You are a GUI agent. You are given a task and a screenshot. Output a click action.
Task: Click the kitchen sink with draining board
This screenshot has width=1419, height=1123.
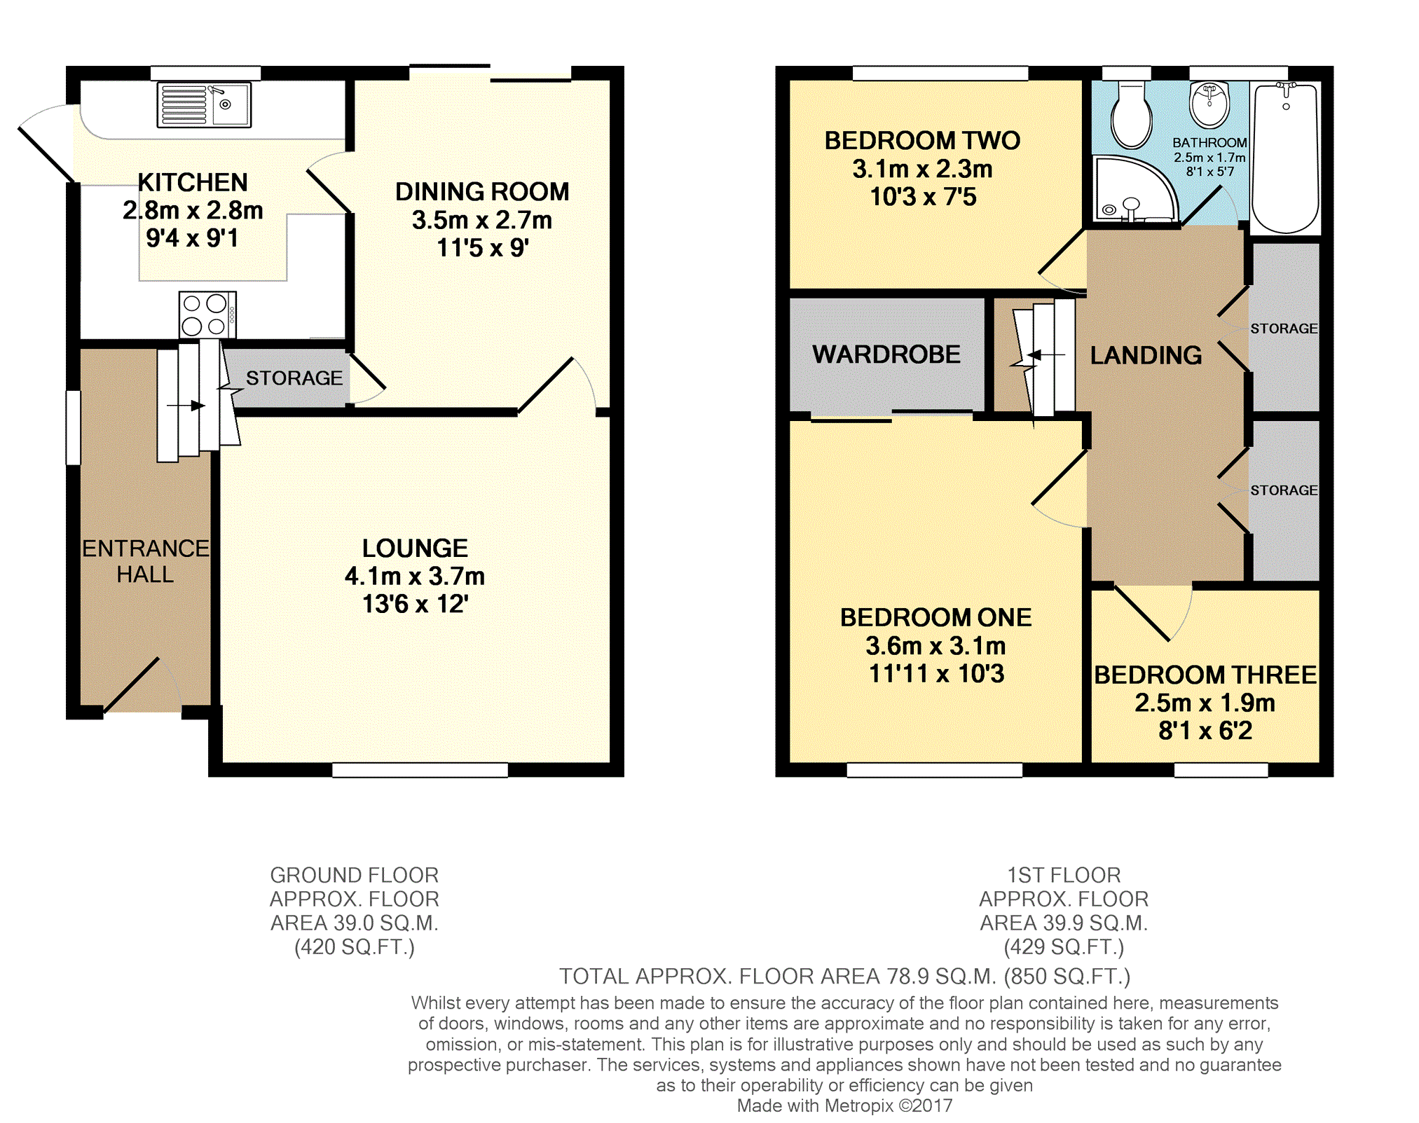[x=204, y=105]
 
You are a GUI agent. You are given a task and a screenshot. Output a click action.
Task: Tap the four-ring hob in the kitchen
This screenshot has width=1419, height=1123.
[x=207, y=315]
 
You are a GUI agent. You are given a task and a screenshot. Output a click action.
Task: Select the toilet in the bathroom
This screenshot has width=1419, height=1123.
[x=1131, y=115]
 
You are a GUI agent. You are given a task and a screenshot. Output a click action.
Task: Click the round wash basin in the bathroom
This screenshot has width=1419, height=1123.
[x=1209, y=105]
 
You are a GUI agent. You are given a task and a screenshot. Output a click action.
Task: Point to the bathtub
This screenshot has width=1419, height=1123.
[x=1286, y=158]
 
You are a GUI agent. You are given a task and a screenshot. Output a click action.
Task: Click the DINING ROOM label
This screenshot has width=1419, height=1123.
[x=482, y=191]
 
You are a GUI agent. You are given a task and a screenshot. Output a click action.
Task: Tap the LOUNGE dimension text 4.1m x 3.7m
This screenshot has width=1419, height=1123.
[x=415, y=576]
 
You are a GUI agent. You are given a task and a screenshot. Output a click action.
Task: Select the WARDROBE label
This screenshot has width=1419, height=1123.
[x=886, y=354]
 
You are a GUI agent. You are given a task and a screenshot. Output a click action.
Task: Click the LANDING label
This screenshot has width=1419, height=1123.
[x=1146, y=355]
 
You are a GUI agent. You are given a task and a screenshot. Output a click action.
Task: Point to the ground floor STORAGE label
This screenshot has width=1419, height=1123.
[x=294, y=378]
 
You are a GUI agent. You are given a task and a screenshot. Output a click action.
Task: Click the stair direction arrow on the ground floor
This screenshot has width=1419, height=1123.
[x=186, y=406]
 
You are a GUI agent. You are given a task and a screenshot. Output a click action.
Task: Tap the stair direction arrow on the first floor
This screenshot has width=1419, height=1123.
[x=1046, y=355]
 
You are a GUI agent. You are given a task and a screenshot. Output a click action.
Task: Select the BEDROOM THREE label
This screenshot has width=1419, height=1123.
[x=1205, y=675]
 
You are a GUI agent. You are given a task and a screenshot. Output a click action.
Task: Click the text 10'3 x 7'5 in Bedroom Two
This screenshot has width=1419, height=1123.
[x=923, y=197]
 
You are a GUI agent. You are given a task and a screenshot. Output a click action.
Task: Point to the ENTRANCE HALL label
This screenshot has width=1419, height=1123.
[x=146, y=561]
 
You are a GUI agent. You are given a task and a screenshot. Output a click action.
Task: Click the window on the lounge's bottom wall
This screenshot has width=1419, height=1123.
[x=420, y=770]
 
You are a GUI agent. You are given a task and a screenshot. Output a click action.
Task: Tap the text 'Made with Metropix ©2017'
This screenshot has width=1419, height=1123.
[x=844, y=1105]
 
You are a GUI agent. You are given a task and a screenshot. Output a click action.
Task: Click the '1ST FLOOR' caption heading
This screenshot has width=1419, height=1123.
[x=1064, y=875]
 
